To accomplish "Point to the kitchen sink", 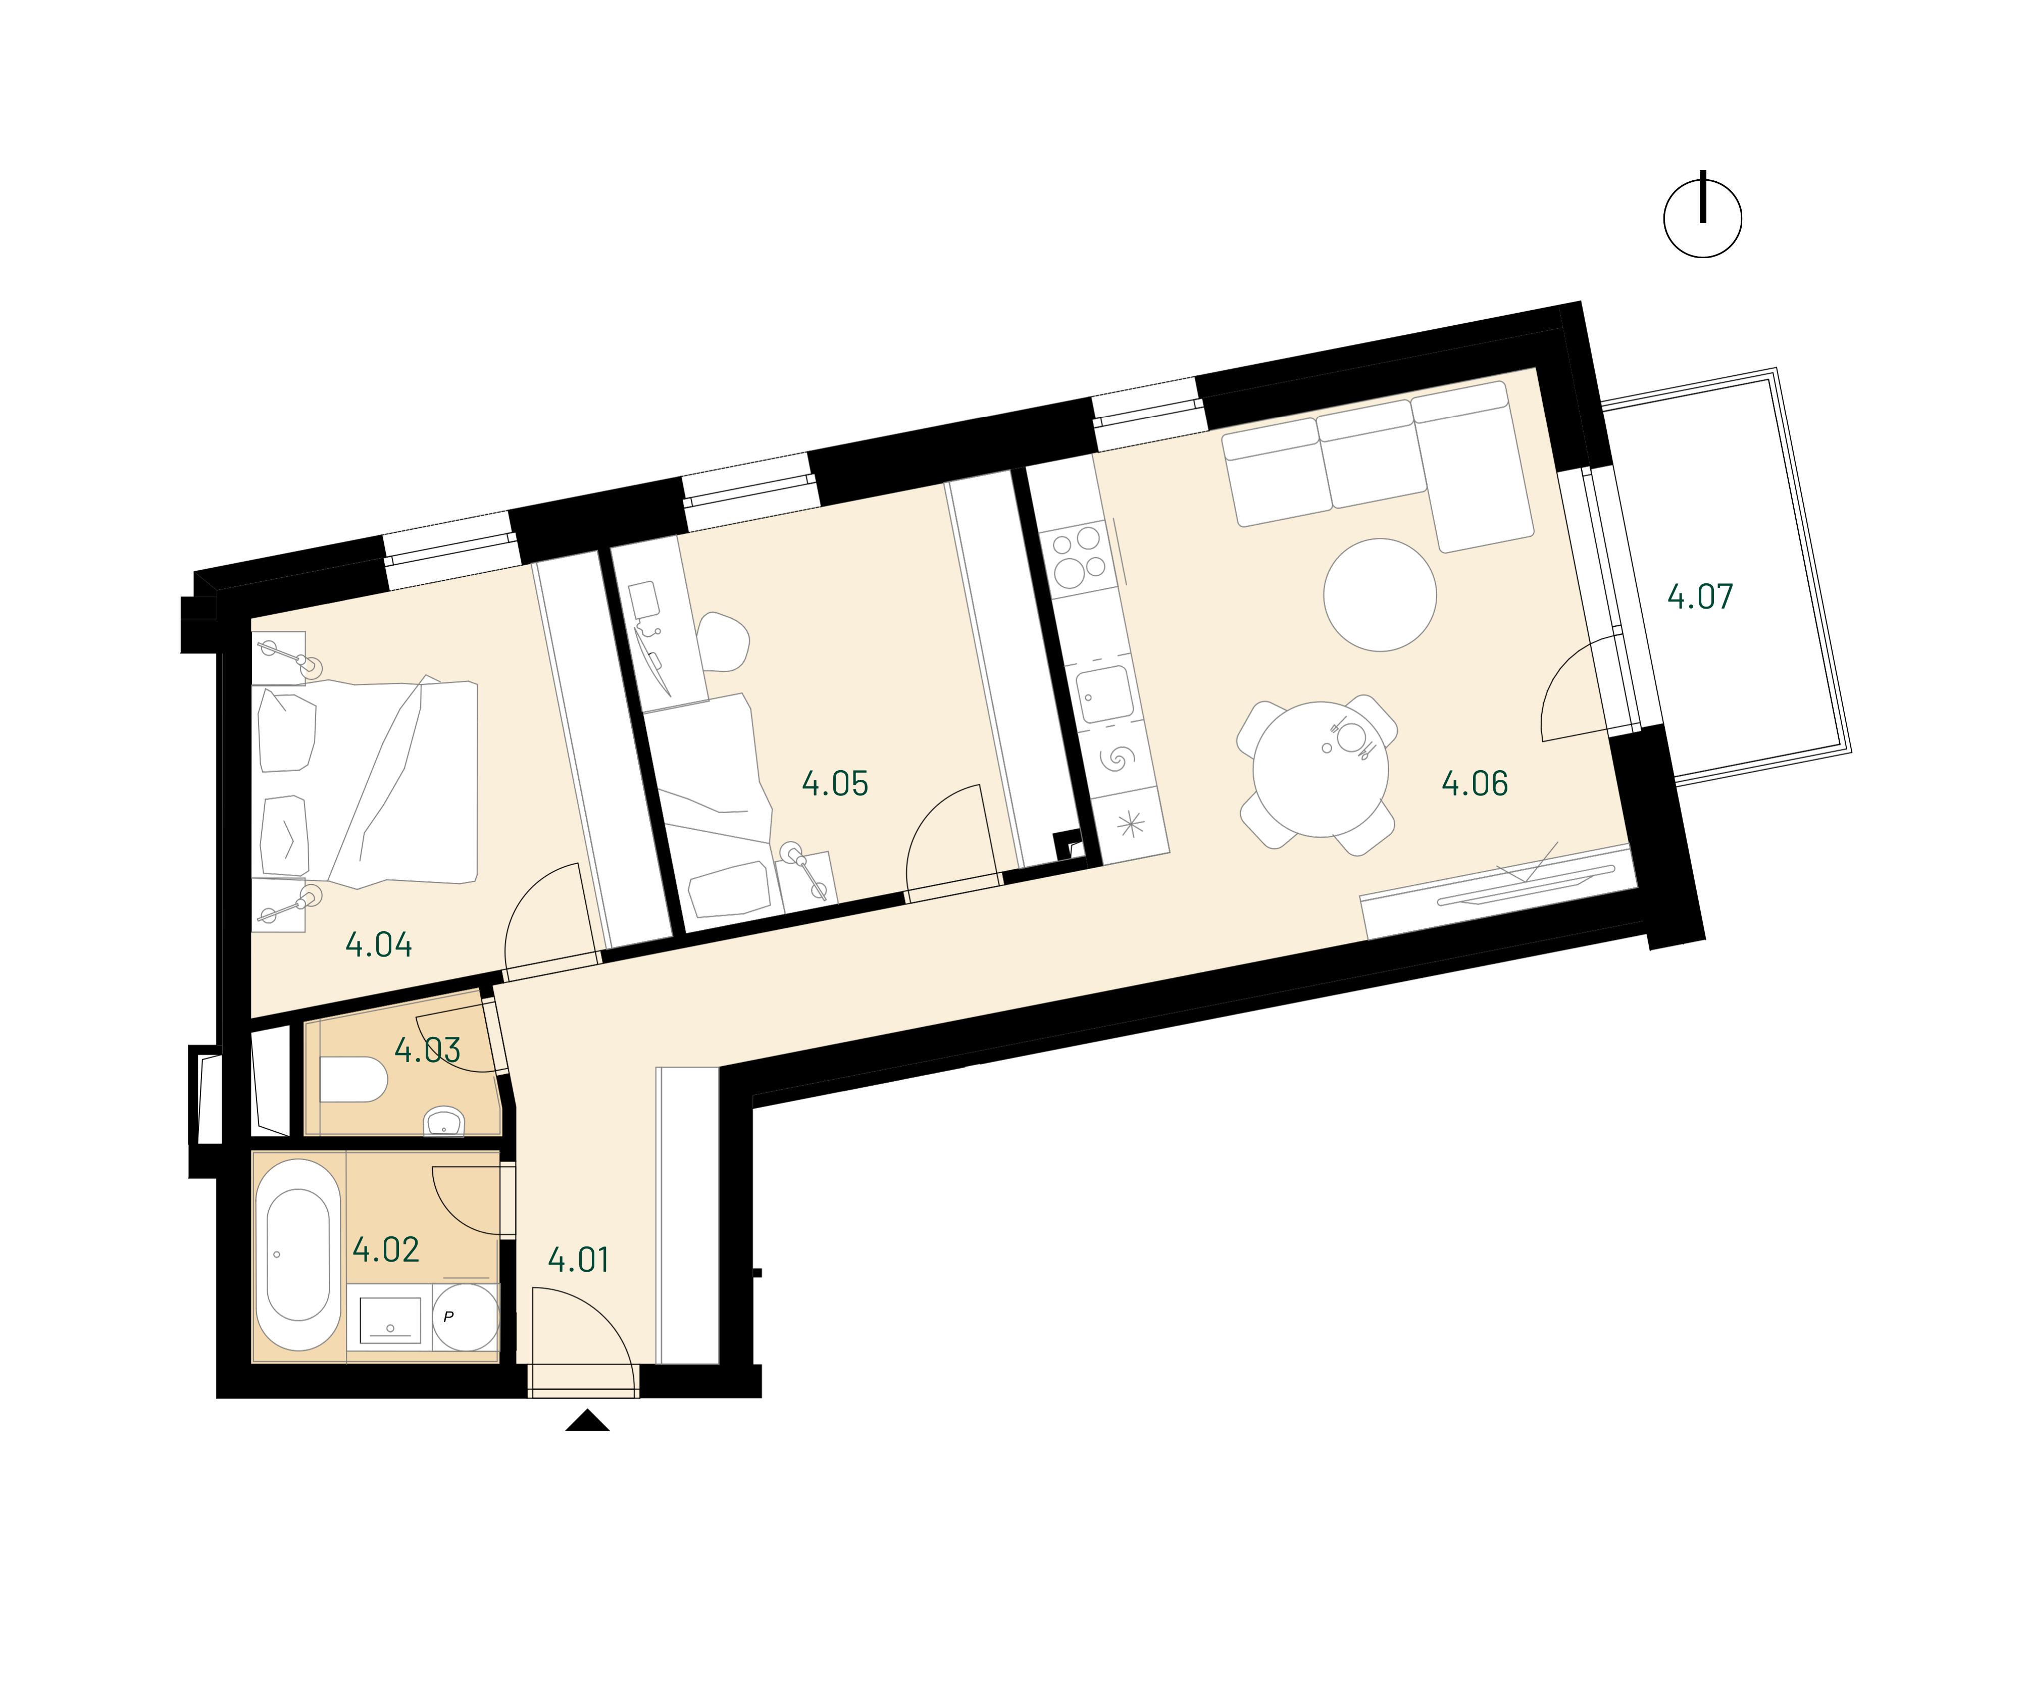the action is click(1106, 693).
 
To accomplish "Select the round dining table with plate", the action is click(1320, 770).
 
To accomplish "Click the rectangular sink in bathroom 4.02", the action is click(390, 1320).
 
